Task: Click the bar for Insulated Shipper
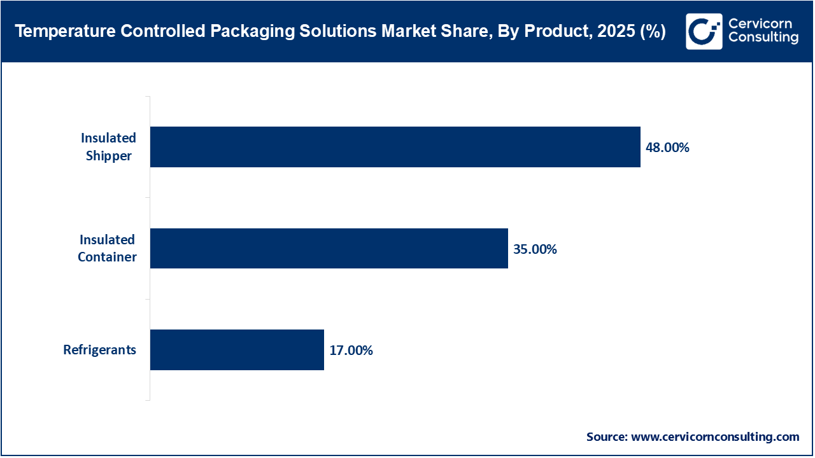395,147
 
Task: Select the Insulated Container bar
329,249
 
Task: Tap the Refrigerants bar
237,350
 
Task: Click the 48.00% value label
668,148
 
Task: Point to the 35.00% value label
535,249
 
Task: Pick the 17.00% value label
351,350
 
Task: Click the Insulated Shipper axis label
108,147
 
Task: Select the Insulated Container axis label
107,249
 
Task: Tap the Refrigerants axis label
100,350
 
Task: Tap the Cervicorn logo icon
704,31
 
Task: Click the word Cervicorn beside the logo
760,24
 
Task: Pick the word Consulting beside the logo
763,38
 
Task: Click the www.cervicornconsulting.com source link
715,437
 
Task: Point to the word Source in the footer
606,437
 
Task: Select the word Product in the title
551,32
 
